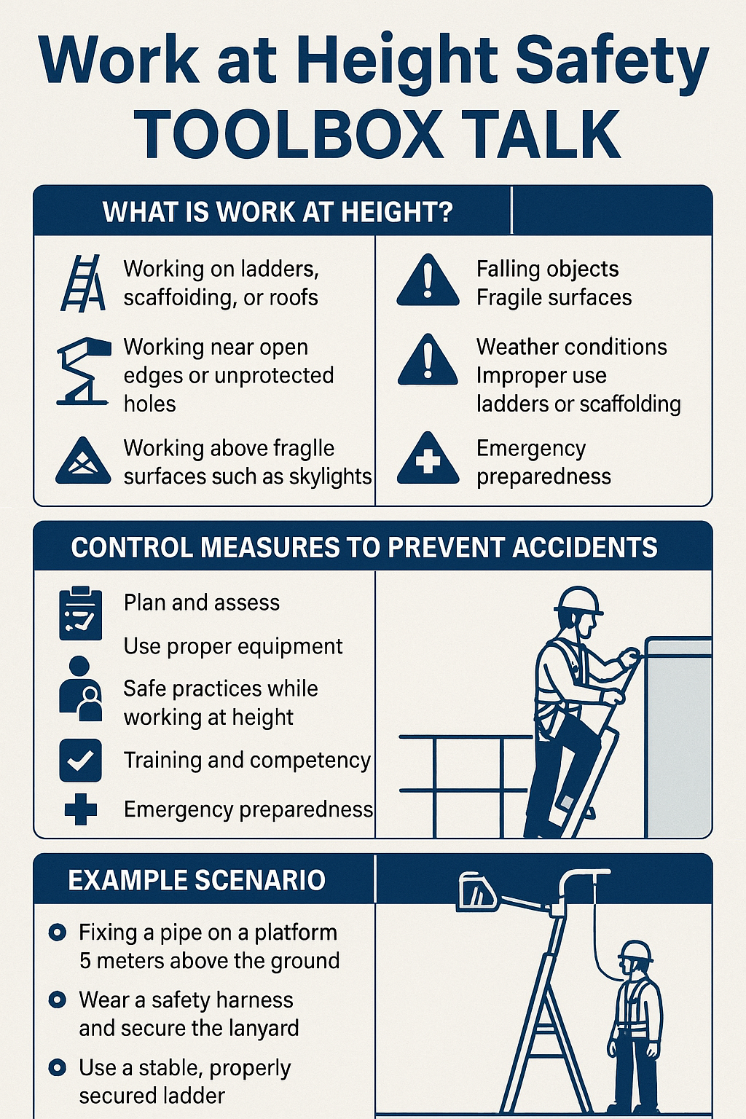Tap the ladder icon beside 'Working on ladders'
tap(82, 283)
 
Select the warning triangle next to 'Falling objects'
tap(428, 281)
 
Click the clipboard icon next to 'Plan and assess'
tap(80, 613)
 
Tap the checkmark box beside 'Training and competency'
tap(80, 761)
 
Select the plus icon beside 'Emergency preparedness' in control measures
tap(80, 809)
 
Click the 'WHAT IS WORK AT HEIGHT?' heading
tap(278, 212)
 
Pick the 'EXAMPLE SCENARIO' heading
tap(197, 880)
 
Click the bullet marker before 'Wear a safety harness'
tap(57, 1000)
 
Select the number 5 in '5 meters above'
tap(85, 961)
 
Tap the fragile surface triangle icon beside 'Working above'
tap(83, 462)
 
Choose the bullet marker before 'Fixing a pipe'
tap(57, 932)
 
